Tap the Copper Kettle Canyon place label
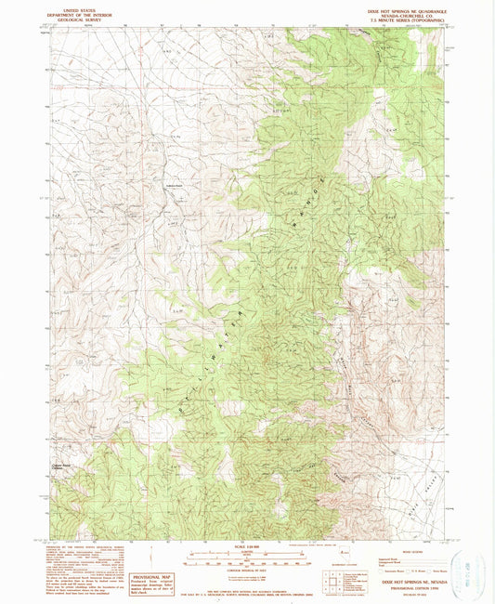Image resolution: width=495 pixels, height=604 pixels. point(61,467)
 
